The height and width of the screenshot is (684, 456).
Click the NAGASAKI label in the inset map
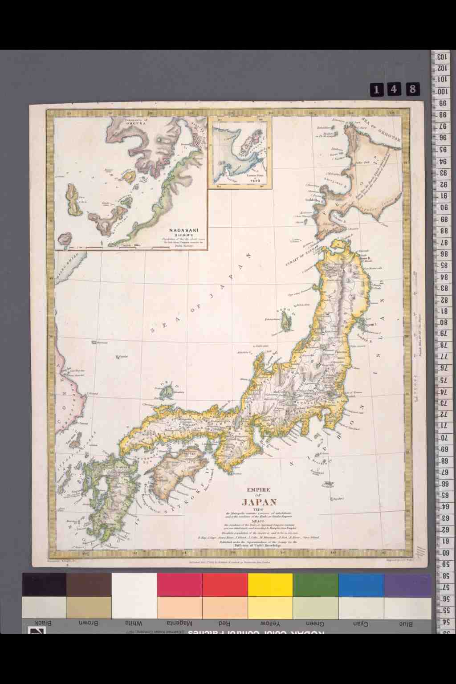pos(183,230)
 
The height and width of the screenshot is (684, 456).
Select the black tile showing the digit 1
pos(376,90)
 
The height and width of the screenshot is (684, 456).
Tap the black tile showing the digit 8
pos(412,90)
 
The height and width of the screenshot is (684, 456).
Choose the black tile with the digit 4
pos(394,90)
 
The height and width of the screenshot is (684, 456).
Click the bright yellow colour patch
pos(270,585)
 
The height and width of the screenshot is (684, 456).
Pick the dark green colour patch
pos(315,585)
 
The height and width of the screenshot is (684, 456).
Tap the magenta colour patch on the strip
pos(179,585)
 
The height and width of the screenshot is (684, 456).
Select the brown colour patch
pos(89,585)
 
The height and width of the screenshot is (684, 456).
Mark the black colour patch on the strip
pos(44,585)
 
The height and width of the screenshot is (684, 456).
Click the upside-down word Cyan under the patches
pos(361,623)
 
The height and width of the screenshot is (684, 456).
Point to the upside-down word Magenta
pos(179,623)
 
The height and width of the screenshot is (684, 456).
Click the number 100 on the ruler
pos(442,92)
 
